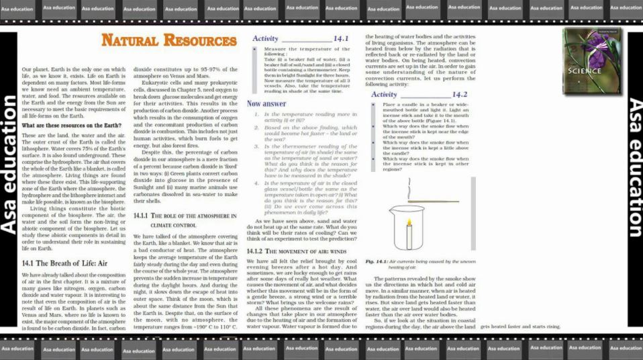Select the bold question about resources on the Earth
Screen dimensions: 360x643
click(x=71, y=126)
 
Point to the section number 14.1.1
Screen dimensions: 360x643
click(x=140, y=216)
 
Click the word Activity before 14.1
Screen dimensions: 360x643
click(x=265, y=38)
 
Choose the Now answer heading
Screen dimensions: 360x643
click(x=266, y=104)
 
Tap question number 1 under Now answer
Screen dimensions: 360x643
click(x=256, y=115)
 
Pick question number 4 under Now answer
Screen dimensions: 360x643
click(x=256, y=183)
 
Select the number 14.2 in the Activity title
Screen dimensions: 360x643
click(x=460, y=95)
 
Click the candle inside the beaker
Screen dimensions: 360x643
click(x=409, y=235)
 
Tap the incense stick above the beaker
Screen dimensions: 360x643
click(x=434, y=201)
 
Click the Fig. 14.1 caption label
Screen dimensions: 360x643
click(x=378, y=261)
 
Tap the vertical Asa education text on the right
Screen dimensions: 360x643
click(x=634, y=168)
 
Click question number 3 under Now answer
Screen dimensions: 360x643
click(x=256, y=146)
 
